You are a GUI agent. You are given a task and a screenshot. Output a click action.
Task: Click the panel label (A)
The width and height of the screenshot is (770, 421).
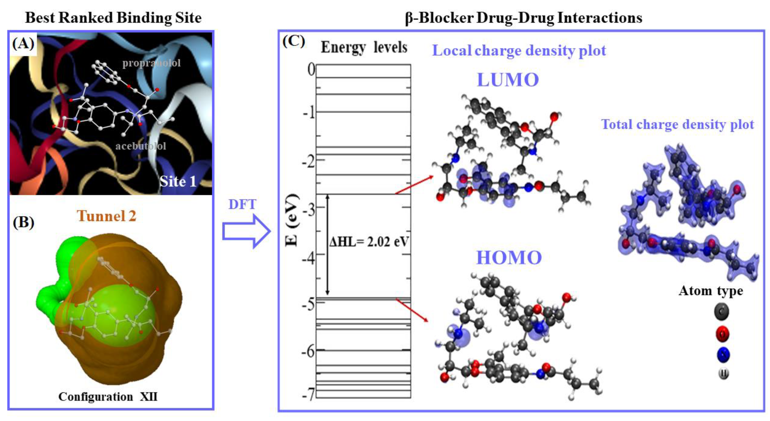click(x=23, y=44)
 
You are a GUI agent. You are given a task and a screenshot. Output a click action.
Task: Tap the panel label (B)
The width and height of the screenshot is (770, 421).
click(x=23, y=223)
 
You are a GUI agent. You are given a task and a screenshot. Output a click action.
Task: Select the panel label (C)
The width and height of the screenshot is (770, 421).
click(x=294, y=41)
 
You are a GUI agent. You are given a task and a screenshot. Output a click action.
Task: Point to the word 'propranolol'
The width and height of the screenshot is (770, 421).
click(x=152, y=63)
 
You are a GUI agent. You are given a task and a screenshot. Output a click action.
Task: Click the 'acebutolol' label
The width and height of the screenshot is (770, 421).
click(x=140, y=146)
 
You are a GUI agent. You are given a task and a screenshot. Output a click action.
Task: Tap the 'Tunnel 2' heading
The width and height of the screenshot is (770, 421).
click(x=106, y=216)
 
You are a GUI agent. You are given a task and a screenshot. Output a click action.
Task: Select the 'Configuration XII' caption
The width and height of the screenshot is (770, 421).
click(x=108, y=397)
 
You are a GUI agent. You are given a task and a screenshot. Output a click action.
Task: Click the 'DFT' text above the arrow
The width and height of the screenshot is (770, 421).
click(x=242, y=204)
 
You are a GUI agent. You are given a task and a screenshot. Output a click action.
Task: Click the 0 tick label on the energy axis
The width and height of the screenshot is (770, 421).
click(x=311, y=70)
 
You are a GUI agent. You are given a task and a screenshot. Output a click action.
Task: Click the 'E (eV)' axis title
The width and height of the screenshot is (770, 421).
click(x=292, y=220)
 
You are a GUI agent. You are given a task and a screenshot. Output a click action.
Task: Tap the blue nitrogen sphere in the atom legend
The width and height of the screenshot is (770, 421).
click(x=723, y=354)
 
